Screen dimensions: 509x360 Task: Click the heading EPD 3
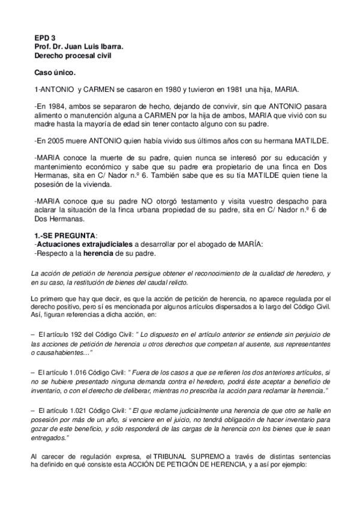click(x=43, y=37)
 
